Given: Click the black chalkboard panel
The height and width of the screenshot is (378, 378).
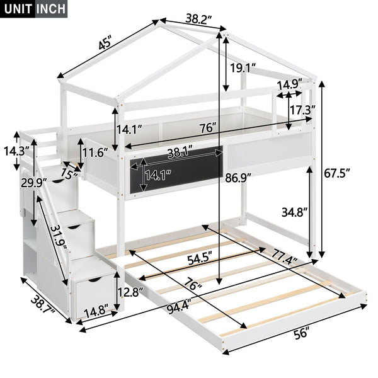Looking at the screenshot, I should pyautogui.click(x=177, y=173).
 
